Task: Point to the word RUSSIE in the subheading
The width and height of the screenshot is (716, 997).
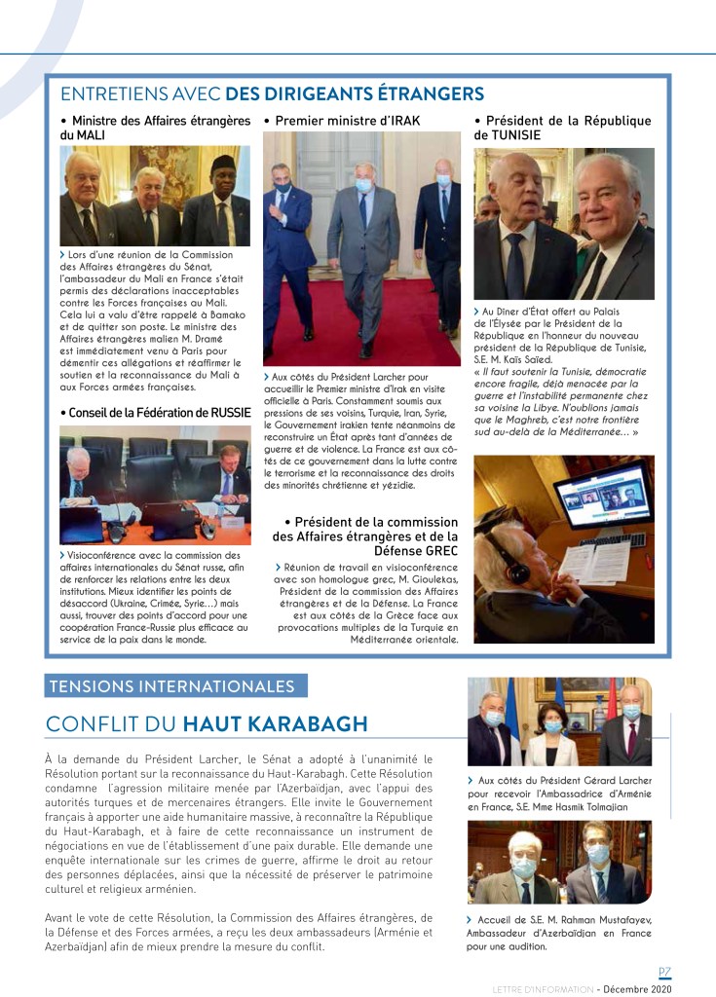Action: (237, 412)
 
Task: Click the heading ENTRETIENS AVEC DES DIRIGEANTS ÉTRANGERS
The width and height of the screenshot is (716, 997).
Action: (272, 93)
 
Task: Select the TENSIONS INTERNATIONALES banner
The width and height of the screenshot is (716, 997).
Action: (176, 685)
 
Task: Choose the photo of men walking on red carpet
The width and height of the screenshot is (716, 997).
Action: (361, 248)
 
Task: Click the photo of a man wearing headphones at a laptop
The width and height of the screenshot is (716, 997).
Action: (564, 549)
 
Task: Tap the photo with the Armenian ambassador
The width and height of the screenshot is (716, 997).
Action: (559, 721)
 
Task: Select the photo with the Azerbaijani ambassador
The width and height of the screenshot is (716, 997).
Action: (559, 862)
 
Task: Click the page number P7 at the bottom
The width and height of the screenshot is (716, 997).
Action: (664, 972)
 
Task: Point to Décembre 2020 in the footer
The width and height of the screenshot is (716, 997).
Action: (637, 988)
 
